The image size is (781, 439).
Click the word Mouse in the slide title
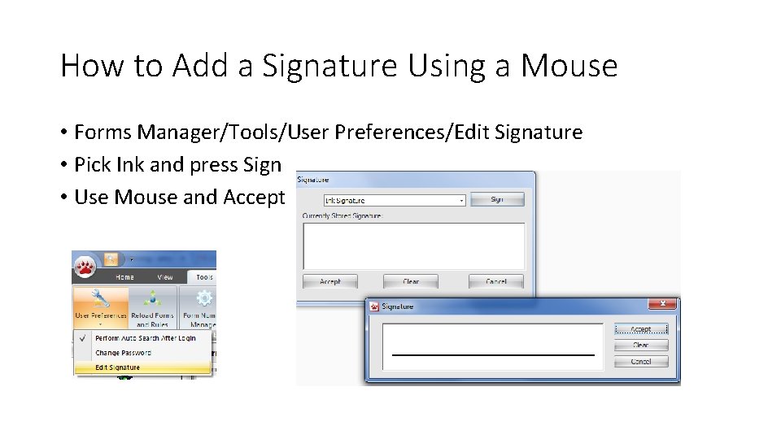tap(569, 66)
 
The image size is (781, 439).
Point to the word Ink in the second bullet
tap(130, 164)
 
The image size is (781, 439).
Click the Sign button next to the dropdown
tap(496, 199)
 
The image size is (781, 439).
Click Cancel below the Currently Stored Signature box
tap(495, 281)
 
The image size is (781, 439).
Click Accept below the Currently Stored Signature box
tap(330, 281)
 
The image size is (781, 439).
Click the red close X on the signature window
tap(662, 304)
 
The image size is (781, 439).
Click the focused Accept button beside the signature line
tap(641, 329)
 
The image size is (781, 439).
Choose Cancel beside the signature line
tap(641, 361)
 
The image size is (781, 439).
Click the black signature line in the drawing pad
tap(493, 354)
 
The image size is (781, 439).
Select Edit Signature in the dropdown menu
tap(118, 367)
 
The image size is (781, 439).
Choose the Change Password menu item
tap(123, 353)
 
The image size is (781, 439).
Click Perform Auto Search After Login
tap(145, 338)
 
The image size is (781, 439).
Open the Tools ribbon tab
tap(204, 277)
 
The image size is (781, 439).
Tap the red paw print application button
tap(85, 266)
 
